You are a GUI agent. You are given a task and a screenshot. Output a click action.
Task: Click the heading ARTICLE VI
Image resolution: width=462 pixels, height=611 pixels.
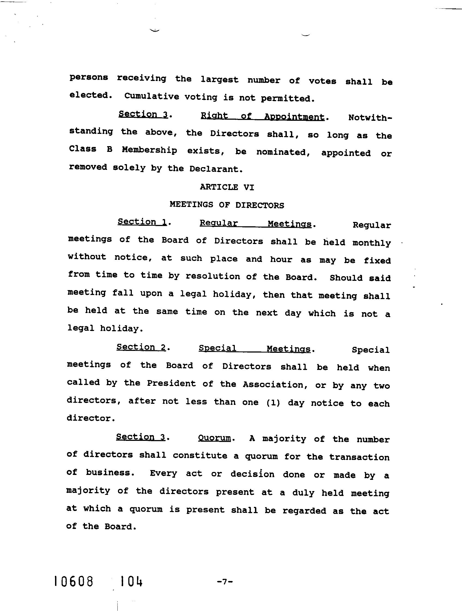[227, 187]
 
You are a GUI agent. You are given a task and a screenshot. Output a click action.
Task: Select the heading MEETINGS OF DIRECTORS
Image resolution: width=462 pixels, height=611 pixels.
[227, 205]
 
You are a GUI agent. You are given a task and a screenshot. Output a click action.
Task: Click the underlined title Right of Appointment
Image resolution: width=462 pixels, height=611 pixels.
[262, 116]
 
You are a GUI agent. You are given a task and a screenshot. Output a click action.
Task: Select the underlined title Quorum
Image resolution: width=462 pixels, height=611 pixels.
[214, 438]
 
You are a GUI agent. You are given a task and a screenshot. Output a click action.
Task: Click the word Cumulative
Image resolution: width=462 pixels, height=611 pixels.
[151, 97]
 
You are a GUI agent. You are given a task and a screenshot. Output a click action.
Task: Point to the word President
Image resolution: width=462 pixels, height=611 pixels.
[171, 383]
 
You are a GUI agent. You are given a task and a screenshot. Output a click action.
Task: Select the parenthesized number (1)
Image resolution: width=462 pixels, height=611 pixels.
[273, 403]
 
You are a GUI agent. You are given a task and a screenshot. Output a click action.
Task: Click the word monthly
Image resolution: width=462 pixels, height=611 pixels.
[372, 243]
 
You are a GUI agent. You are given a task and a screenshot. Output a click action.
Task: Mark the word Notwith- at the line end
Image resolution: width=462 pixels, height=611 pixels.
[370, 118]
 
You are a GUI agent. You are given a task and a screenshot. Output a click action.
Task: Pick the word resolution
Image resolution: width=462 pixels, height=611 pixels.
[212, 276]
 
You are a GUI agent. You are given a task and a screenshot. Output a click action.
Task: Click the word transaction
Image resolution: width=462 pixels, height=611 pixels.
[359, 457]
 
